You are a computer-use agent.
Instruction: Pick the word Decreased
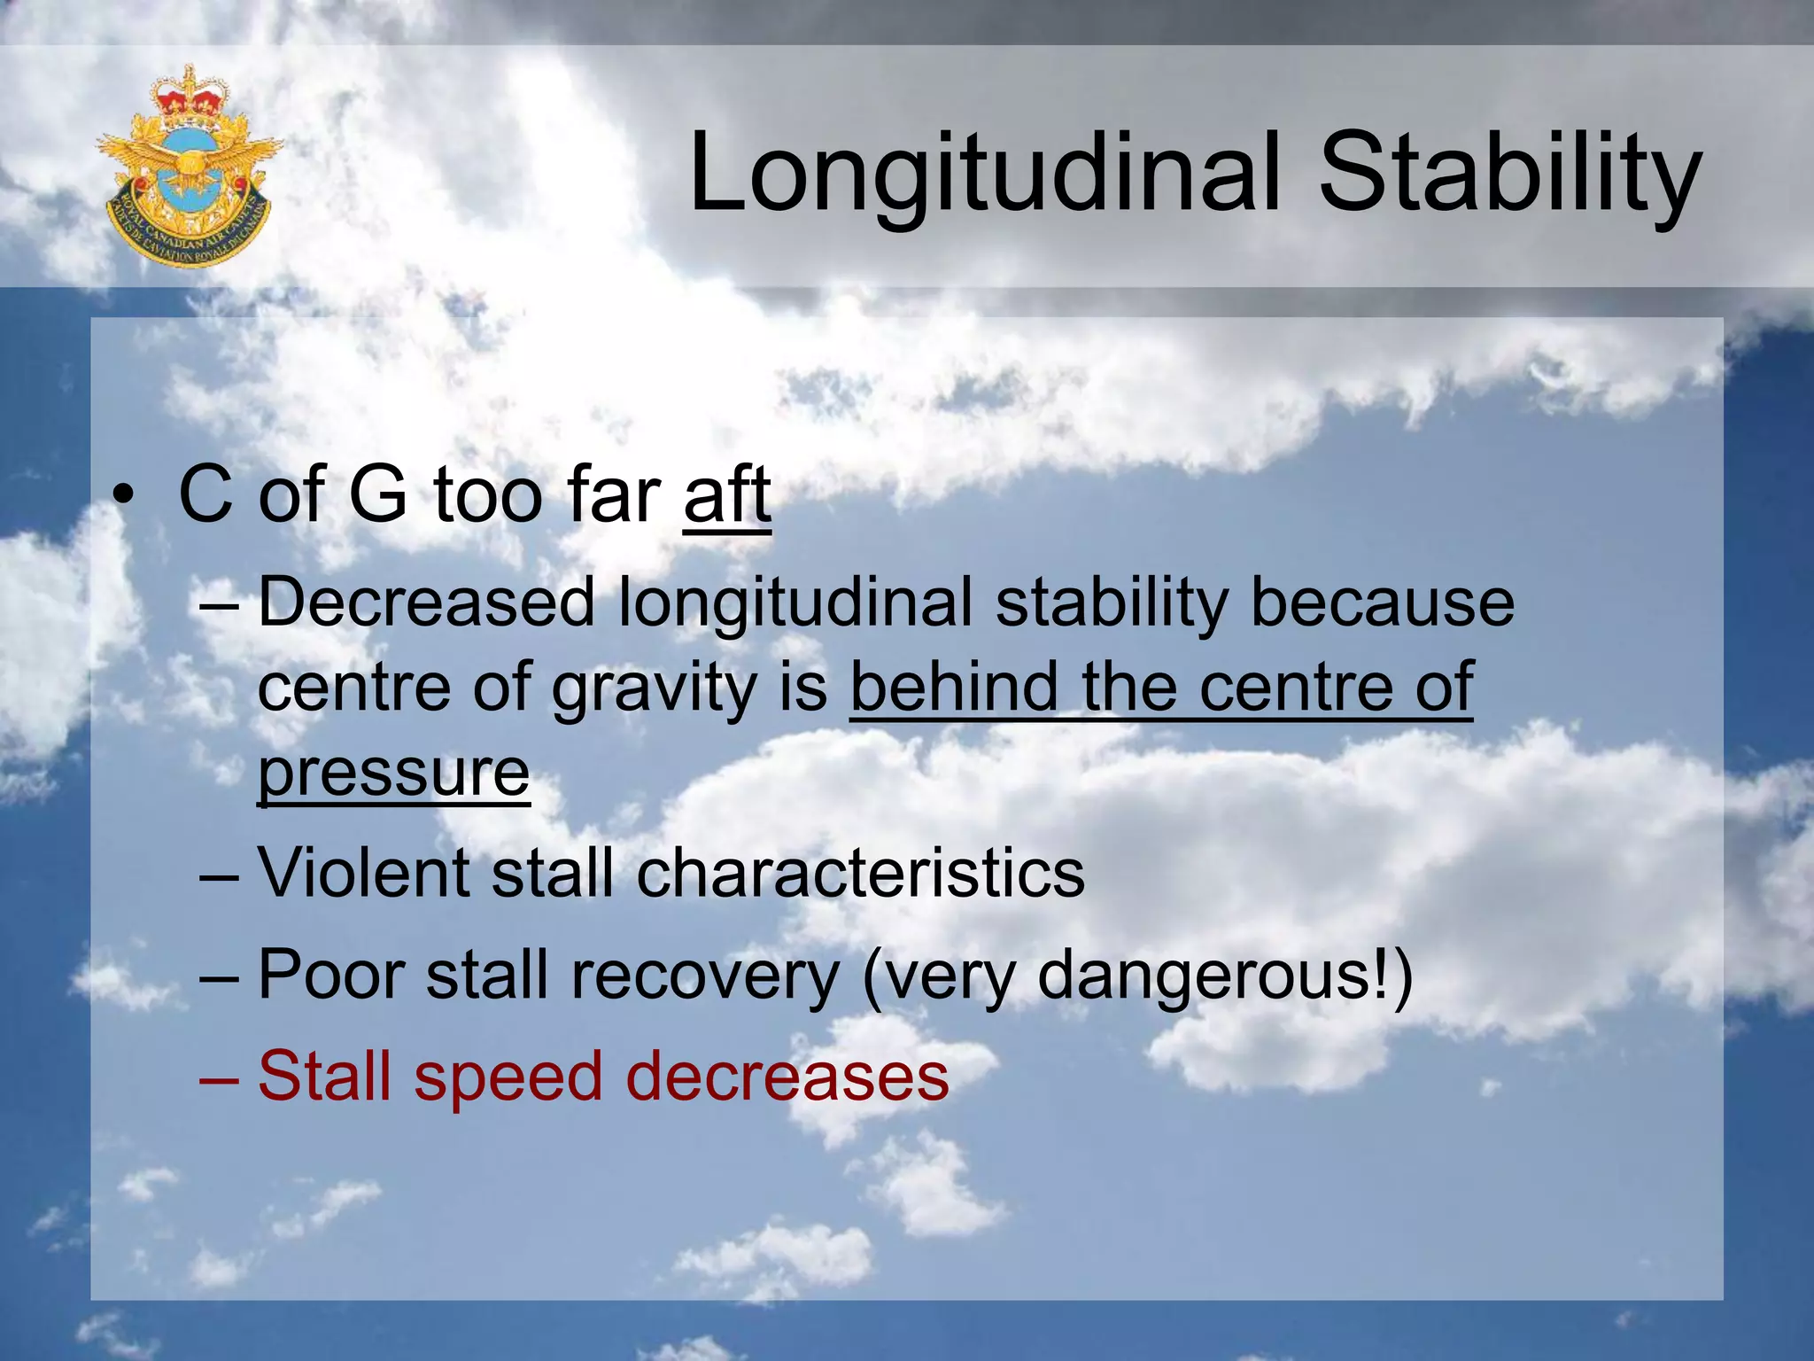tap(426, 603)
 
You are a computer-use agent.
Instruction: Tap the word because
tap(1382, 603)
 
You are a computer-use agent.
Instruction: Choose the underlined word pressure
tap(393, 773)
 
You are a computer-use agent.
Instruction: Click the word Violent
tap(363, 874)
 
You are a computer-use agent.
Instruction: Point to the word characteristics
tap(860, 874)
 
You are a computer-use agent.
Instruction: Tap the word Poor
tap(331, 976)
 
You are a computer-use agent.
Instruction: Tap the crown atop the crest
tap(189, 94)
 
